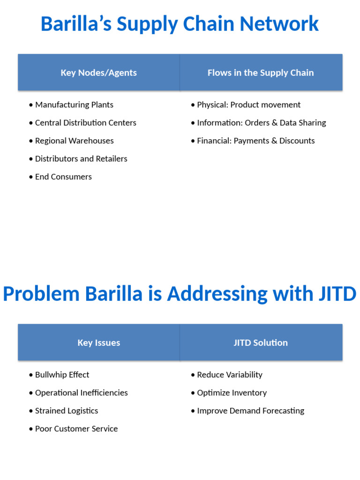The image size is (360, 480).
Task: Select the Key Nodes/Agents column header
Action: (x=98, y=73)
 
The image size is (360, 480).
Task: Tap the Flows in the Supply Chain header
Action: (x=261, y=73)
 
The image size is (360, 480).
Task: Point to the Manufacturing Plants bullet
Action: (x=74, y=105)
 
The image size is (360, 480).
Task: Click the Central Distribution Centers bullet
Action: (x=85, y=123)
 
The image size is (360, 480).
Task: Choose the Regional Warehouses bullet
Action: (x=74, y=141)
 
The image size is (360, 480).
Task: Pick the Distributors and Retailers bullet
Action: (x=81, y=158)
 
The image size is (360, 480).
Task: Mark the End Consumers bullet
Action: (x=63, y=177)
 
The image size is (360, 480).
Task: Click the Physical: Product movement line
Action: (x=248, y=105)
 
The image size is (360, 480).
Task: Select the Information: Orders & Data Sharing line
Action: (x=261, y=123)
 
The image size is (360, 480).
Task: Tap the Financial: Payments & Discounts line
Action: (x=255, y=141)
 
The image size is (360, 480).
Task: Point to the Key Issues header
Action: (x=98, y=343)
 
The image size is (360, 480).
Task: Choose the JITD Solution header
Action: (x=261, y=343)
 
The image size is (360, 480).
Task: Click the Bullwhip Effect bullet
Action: (x=62, y=375)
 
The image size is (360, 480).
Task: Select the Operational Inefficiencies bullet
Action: (x=81, y=393)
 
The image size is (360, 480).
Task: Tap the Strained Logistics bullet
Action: (x=67, y=411)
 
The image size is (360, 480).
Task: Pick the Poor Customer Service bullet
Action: (x=76, y=428)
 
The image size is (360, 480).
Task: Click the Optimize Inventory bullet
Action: (x=232, y=393)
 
